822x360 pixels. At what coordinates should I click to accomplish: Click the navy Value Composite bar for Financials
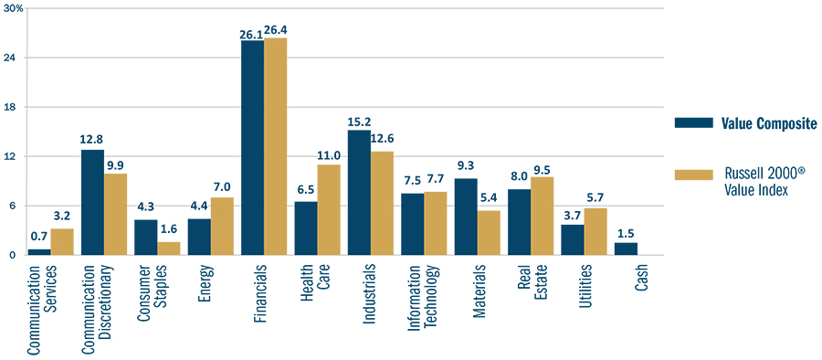click(x=252, y=148)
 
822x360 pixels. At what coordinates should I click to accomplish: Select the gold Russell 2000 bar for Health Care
click(x=329, y=210)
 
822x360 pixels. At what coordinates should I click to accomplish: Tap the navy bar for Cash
click(x=626, y=249)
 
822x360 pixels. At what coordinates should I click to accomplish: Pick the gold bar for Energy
click(x=222, y=227)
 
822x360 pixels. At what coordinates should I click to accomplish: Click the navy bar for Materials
click(x=466, y=217)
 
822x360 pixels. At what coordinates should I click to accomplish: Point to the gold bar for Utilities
click(x=595, y=232)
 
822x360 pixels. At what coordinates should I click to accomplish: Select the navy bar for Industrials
click(x=359, y=193)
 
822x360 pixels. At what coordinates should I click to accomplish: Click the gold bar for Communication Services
click(x=62, y=242)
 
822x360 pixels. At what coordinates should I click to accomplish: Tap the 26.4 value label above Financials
click(x=276, y=30)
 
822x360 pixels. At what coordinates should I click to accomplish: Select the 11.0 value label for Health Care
click(x=329, y=156)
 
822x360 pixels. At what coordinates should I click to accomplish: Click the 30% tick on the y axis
click(x=15, y=8)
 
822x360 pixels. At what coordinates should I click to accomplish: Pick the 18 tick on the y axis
click(x=19, y=107)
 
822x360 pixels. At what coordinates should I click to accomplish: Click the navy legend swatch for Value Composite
click(x=692, y=123)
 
